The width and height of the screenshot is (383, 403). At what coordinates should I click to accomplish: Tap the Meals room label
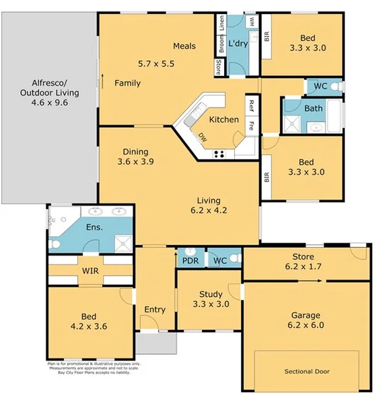(184, 47)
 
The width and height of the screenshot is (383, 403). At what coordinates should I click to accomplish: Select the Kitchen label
(223, 120)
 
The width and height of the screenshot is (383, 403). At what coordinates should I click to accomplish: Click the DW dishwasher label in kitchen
(203, 137)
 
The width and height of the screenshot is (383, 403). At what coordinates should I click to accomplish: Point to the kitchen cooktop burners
(219, 154)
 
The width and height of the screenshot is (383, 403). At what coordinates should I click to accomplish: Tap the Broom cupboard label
(221, 45)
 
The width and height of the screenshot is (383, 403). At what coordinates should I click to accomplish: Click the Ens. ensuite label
(94, 227)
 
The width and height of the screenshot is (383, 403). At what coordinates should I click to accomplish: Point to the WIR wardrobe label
(89, 271)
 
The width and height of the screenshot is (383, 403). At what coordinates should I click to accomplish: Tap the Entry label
(155, 310)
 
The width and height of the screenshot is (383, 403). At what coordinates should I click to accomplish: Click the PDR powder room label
(190, 261)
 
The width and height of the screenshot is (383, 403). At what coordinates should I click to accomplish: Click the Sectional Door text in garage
(307, 371)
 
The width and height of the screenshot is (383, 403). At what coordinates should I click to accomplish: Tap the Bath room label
(313, 108)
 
